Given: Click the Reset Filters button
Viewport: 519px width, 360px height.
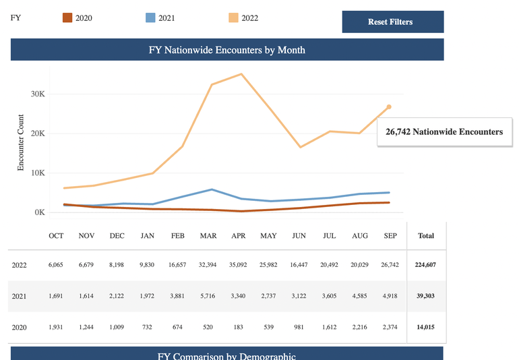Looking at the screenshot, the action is [x=393, y=22].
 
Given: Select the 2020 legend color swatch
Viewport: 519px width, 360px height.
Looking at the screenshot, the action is [x=67, y=18].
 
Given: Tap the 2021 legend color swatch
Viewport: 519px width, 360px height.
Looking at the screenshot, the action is [x=150, y=18].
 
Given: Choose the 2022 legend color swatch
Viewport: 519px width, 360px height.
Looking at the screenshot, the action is [x=233, y=18].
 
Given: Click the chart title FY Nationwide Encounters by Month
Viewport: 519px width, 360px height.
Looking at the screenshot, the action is [x=227, y=50].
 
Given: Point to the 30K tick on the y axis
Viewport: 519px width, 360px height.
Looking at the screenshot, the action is [x=38, y=94].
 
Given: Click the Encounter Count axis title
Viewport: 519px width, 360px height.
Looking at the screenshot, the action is [x=20, y=142].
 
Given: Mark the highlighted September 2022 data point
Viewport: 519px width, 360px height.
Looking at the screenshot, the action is [x=390, y=107].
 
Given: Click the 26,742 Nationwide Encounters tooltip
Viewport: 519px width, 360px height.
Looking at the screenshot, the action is [x=445, y=132].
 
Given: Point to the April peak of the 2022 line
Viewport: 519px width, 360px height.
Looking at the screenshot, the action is [x=241, y=74].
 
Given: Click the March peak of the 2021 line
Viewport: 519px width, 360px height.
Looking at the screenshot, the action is [x=212, y=189].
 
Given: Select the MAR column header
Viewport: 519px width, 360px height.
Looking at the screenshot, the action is [x=208, y=236].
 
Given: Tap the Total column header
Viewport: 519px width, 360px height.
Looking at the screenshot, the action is [x=426, y=236].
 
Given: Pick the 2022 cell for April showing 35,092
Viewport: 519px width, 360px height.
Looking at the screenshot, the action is [x=238, y=265].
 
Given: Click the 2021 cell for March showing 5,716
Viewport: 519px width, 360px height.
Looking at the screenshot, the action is [x=208, y=296].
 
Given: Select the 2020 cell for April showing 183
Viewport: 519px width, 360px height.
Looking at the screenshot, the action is [x=239, y=327].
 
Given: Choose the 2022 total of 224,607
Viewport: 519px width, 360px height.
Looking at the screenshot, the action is [x=425, y=265].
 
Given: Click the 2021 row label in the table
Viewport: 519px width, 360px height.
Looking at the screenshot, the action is [x=19, y=297].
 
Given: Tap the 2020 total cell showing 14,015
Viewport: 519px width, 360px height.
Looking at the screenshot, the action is [x=425, y=327].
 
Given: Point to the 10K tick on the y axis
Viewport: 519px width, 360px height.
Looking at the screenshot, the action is [x=38, y=173].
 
